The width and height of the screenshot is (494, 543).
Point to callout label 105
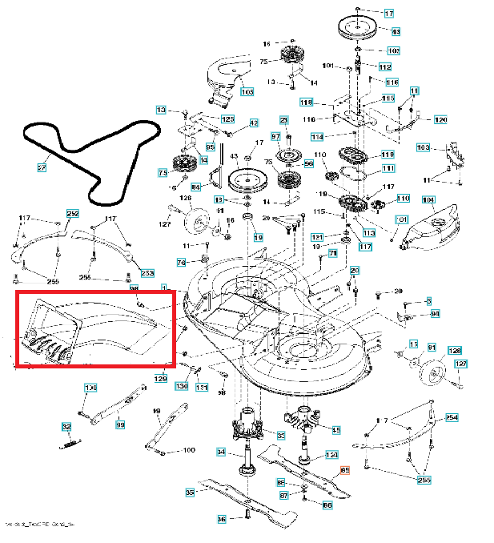click(x=247, y=93)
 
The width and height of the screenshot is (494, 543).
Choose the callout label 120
click(x=440, y=119)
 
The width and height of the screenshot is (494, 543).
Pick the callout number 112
click(x=385, y=66)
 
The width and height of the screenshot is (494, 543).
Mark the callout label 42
click(x=254, y=123)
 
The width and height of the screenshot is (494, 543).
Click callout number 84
click(x=195, y=187)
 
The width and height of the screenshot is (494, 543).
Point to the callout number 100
click(x=189, y=450)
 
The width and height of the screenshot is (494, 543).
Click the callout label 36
click(x=222, y=519)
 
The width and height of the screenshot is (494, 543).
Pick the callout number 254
click(x=452, y=417)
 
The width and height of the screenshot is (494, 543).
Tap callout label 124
click(x=331, y=456)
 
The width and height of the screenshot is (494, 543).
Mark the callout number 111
click(x=388, y=168)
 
